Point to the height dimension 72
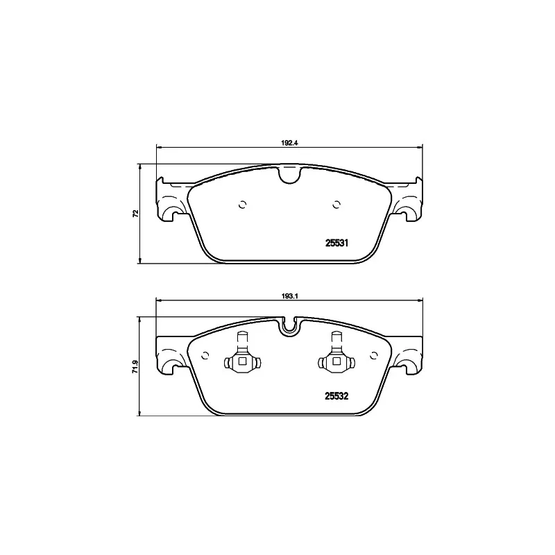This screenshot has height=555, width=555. coord(136,213)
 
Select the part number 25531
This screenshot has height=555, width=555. coord(336,243)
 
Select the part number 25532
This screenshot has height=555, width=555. coord(336,397)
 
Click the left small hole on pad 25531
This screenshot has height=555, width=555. coord(241,204)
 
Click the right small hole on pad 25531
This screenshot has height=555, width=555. coord(336,204)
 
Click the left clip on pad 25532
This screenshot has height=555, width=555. coord(241,357)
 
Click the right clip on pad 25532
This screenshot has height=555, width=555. coord(336,357)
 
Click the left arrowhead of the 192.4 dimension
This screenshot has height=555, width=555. coord(159,146)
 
